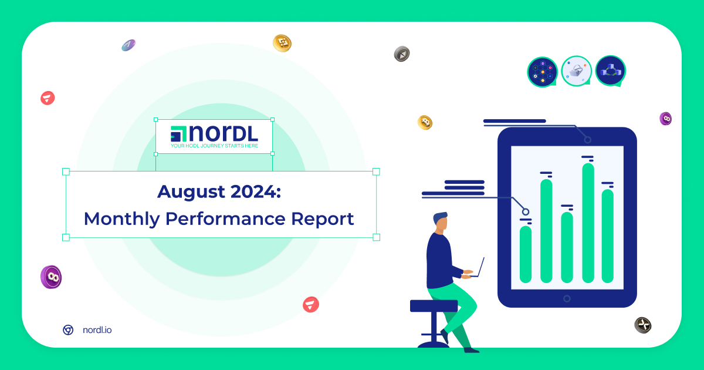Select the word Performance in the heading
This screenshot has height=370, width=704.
click(x=225, y=218)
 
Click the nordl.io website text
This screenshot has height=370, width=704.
click(x=97, y=329)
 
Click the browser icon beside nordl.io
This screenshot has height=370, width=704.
click(x=68, y=329)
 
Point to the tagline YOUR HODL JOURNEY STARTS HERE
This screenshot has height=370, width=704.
click(x=214, y=146)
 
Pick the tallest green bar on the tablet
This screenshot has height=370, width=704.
click(x=588, y=223)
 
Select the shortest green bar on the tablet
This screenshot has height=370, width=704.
click(x=526, y=254)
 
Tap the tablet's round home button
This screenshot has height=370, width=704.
click(x=567, y=298)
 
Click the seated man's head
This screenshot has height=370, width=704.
click(x=441, y=222)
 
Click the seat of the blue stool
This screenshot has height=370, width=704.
click(x=434, y=306)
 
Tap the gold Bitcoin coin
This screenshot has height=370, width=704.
click(x=425, y=122)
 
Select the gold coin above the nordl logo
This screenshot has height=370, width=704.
click(x=282, y=43)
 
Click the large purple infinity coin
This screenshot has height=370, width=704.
click(x=51, y=277)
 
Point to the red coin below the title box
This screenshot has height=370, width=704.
click(x=311, y=304)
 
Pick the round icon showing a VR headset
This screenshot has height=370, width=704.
click(x=576, y=71)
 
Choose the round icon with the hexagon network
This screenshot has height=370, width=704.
click(x=543, y=72)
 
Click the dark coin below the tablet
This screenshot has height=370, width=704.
click(x=643, y=325)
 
